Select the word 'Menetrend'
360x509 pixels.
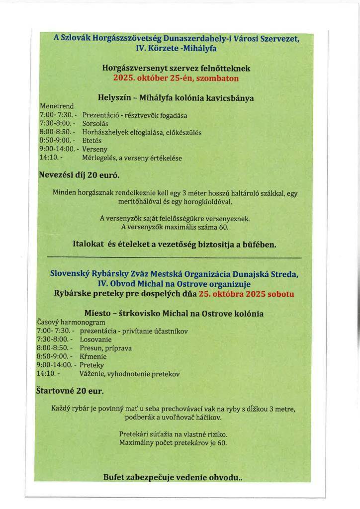pos(56,106)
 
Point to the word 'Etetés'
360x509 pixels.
pos(91,141)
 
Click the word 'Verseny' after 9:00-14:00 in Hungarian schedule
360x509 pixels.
pos(94,149)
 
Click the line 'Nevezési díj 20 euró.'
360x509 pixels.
pos(79,175)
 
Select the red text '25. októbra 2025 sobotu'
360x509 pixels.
pos(246,293)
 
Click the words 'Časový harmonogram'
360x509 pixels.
pos(71,322)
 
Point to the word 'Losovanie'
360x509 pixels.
pos(97,339)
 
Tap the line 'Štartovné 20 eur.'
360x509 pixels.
pos(70,391)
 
